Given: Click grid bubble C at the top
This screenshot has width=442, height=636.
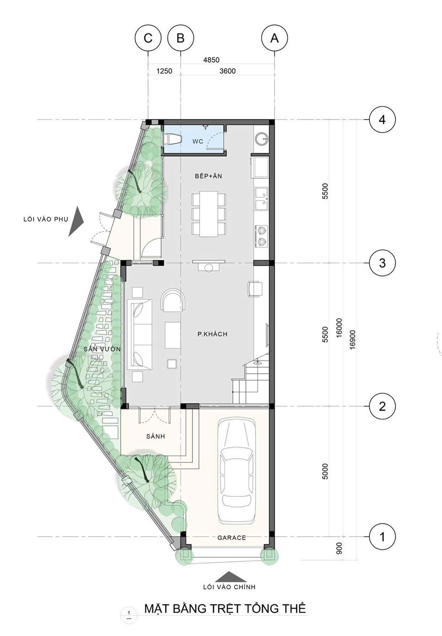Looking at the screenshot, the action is point(148,38).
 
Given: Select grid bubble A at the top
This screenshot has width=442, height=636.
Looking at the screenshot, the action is point(274,38).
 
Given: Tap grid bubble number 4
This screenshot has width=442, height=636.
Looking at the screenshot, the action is point(382,120).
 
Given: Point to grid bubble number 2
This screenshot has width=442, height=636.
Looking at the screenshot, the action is point(382,406).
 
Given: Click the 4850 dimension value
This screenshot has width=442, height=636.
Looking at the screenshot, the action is point(211,60).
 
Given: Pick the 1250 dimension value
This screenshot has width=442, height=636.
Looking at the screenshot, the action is point(164,71).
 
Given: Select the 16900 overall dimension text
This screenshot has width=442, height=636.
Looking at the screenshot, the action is point(353,340).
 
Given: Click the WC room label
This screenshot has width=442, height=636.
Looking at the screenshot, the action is point(198,141).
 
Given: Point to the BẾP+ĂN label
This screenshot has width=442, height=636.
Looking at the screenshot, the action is point(209,176).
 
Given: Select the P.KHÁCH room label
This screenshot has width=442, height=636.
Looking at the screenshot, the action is point(213,334).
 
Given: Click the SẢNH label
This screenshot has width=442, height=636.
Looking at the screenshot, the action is point(156,436).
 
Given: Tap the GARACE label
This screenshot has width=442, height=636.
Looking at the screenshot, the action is point(232,538).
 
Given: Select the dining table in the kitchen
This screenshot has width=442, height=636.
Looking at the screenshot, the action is point(209,213).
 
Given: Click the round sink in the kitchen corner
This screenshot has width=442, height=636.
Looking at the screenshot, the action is point(262,139).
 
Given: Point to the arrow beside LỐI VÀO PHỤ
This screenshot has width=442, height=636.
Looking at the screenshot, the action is point(76,222).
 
